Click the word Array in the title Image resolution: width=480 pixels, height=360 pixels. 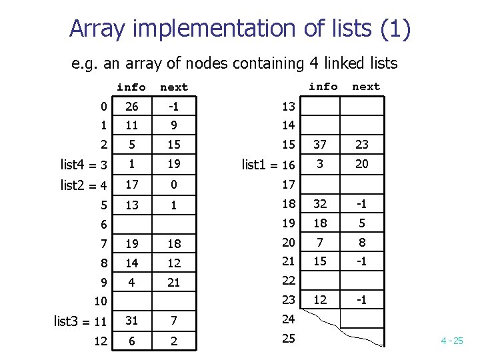point(98,29)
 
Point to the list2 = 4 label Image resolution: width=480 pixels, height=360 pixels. point(83,185)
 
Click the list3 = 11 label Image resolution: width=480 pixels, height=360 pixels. point(80,321)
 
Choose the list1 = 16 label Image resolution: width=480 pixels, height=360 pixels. point(269,165)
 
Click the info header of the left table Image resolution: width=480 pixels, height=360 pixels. point(131,87)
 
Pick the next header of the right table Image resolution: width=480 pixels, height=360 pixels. point(366,87)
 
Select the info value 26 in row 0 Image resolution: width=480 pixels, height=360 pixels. point(132,106)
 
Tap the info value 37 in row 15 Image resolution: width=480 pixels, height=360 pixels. point(321,145)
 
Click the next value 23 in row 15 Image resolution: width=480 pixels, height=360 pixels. point(361,145)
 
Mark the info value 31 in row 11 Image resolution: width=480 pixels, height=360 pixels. point(132,321)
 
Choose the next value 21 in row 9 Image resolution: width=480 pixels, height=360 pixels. point(174,283)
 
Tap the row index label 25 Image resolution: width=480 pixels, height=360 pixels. point(288,339)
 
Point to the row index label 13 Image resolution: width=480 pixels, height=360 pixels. point(288,107)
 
